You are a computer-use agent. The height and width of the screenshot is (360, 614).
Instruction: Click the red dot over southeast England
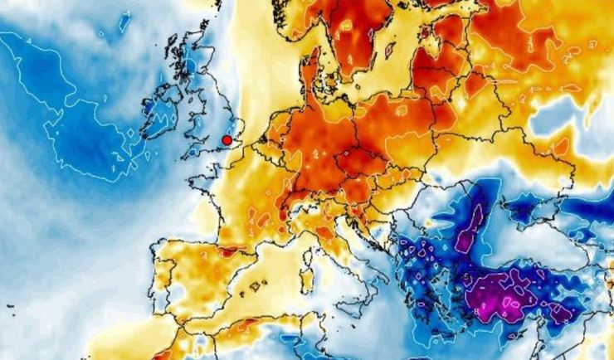227,140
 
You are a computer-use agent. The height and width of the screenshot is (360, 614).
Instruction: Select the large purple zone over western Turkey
501,294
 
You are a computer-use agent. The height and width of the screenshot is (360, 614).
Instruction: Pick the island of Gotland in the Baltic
389,49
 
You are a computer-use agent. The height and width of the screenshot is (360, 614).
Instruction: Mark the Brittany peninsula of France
204,178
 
